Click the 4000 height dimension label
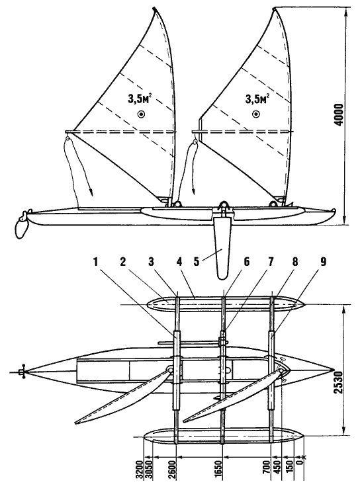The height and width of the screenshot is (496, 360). (x=338, y=114)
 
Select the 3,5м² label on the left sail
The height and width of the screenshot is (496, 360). (x=140, y=99)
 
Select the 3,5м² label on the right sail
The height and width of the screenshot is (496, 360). (x=257, y=99)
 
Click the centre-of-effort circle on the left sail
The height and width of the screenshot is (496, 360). (x=141, y=114)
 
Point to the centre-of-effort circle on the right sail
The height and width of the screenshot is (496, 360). (x=255, y=114)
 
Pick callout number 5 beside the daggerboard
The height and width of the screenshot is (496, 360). (x=197, y=263)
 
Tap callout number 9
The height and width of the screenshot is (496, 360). (x=323, y=262)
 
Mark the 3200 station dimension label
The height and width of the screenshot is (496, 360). (x=140, y=472)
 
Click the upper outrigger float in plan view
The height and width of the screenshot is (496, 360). (x=226, y=304)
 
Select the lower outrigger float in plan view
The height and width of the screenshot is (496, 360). (x=223, y=438)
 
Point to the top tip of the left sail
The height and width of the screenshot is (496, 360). (x=154, y=8)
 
